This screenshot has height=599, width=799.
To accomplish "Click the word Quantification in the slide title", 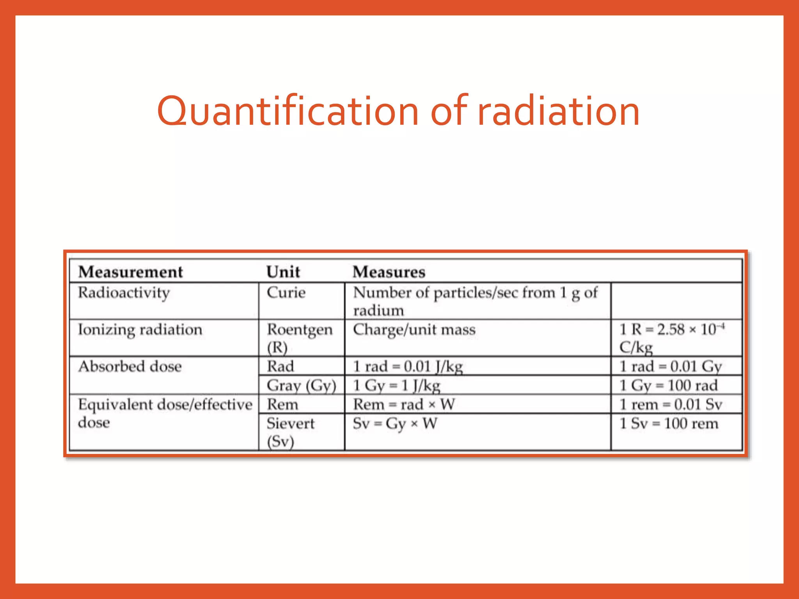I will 288,112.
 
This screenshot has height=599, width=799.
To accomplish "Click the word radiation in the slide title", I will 558,112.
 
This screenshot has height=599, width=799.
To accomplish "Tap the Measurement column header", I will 131,272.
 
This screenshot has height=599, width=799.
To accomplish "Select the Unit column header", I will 283,272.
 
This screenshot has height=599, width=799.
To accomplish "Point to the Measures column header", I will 389,272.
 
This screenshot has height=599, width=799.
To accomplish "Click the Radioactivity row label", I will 124,293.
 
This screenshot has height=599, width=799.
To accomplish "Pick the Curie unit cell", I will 286,292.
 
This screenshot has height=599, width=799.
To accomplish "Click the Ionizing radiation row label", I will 140,330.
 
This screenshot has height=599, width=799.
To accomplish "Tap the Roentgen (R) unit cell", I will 299,338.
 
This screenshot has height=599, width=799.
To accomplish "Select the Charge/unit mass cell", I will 414,330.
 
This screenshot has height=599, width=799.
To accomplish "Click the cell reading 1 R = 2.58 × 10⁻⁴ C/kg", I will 672,338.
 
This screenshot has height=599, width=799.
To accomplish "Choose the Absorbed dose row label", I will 130,367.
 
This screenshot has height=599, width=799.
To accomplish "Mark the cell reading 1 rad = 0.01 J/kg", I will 408,367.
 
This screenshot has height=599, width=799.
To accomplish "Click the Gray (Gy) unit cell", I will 301,385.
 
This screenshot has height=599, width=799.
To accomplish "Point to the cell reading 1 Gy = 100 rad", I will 669,385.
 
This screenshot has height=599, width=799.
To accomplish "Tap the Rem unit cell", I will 282,404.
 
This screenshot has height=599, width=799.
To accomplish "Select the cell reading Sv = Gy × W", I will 395,424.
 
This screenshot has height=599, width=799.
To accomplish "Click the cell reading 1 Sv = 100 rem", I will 669,424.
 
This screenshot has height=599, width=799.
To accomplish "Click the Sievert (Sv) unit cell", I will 291,432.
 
